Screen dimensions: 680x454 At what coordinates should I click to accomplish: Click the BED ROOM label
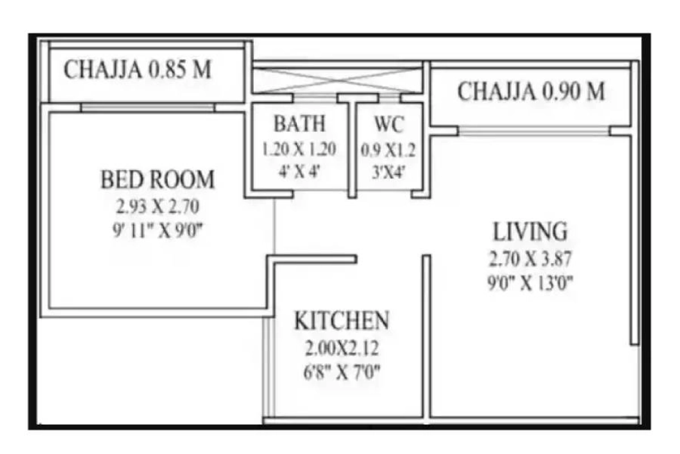158,180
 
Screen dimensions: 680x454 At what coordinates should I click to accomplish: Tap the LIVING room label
530,232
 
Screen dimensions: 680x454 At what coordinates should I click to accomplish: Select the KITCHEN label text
342,320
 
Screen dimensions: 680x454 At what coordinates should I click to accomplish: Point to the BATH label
300,124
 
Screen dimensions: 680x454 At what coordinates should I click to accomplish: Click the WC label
389,124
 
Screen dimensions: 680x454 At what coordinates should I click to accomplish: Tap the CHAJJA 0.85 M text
138,70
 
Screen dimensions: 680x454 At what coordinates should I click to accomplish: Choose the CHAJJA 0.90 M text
531,91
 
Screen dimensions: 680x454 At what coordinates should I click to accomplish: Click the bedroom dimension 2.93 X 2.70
158,207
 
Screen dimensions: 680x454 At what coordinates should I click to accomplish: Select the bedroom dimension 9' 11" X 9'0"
158,230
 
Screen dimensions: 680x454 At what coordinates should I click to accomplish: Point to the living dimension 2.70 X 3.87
530,259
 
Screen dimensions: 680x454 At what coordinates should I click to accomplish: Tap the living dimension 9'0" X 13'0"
530,283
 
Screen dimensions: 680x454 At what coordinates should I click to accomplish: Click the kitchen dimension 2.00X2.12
342,348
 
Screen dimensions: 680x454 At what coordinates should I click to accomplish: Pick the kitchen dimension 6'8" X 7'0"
342,372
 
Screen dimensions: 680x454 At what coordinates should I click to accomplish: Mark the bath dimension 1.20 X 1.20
299,149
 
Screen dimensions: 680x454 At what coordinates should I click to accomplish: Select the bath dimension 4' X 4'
299,172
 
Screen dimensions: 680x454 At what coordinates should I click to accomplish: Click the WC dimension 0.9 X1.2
388,150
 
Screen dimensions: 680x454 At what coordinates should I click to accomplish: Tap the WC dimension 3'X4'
389,173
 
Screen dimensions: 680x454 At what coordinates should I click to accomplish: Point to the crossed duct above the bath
337,80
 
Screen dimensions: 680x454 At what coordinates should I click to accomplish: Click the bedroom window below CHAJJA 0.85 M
148,108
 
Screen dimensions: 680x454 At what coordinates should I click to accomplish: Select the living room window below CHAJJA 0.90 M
534,131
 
